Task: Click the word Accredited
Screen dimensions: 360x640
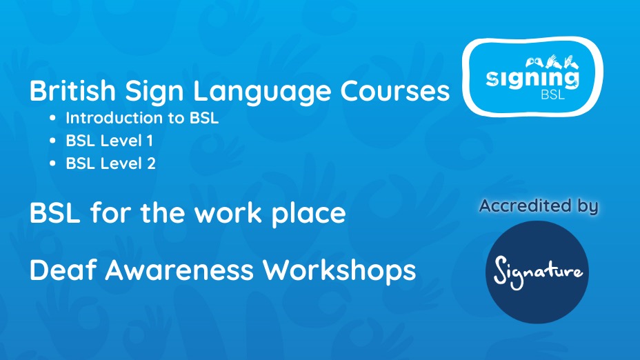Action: click(525, 206)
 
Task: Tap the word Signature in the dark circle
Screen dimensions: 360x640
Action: click(537, 271)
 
